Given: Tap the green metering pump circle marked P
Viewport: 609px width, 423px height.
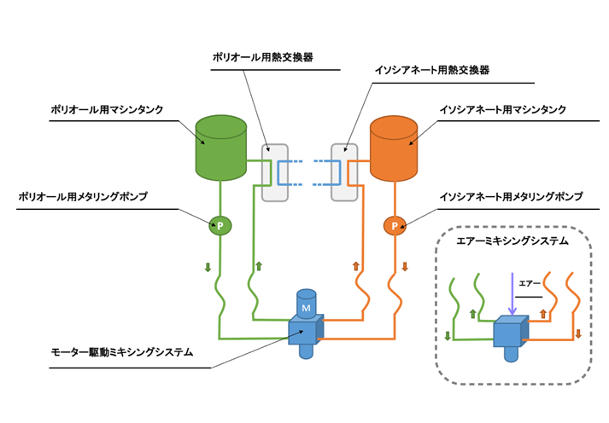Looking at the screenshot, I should pos(220,226).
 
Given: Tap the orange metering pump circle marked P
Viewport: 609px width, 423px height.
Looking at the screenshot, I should pos(394,226).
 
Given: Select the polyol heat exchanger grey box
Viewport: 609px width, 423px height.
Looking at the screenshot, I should pos(274,173).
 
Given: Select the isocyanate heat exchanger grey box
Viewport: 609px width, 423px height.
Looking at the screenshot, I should pos(344,173).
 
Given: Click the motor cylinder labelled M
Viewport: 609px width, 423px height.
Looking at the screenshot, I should pos(306,304).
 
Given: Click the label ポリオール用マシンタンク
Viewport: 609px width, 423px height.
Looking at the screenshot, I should pos(108,110).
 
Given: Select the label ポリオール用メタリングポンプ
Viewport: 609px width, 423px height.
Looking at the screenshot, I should pos(83,197).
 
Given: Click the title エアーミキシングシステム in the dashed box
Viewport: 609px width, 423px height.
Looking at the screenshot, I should pos(512,241).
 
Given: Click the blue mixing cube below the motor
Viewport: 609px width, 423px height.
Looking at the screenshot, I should pos(306,331).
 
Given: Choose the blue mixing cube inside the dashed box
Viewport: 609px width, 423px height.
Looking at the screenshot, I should pos(511,332).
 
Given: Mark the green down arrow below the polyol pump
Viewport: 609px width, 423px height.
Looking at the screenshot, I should pos(208,268).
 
